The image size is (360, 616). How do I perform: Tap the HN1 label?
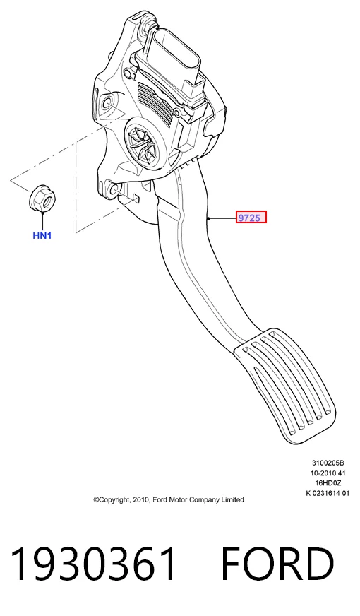(x=42, y=235)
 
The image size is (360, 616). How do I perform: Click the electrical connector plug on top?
(x=175, y=66)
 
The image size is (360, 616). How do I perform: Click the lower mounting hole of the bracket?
(x=114, y=190)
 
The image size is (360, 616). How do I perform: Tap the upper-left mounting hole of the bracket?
(x=107, y=104)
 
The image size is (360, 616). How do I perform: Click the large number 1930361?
(x=93, y=564)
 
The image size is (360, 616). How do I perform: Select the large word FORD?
(x=277, y=564)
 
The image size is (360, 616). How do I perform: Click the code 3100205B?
(x=328, y=463)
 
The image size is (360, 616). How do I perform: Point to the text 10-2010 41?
(x=328, y=473)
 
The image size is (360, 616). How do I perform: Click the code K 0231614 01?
(x=328, y=493)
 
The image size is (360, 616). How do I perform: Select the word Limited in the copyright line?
(x=233, y=499)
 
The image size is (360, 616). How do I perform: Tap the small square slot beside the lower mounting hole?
(x=136, y=198)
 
